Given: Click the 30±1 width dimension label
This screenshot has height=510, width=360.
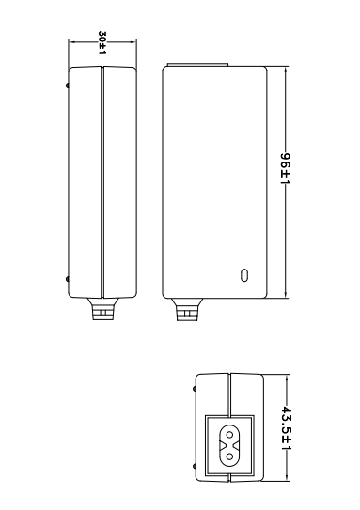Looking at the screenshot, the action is [102, 42].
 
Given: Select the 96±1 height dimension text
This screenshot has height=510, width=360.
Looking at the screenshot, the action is [286, 168].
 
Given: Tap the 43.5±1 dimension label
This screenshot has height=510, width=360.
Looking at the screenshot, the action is [286, 428].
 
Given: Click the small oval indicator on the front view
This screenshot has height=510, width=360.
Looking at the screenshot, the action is [244, 275].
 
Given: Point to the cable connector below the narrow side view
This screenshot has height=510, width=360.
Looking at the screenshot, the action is [102, 309].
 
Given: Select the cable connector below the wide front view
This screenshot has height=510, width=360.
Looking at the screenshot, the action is [187, 310].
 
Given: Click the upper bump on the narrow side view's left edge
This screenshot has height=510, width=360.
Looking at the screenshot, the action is [68, 85].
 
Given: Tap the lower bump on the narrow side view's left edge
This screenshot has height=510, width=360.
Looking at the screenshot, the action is [68, 279].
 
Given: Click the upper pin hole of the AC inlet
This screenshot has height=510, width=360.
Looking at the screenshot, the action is [229, 435].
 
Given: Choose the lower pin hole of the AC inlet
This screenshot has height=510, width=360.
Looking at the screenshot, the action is [229, 456].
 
